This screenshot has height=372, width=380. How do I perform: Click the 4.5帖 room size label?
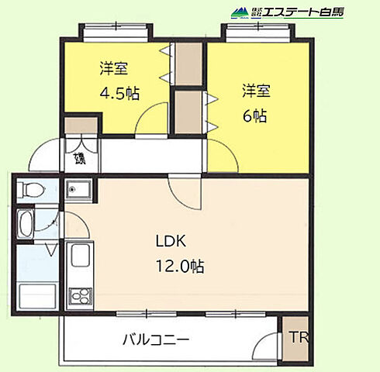[x=119, y=93]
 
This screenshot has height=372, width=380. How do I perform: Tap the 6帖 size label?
[x=255, y=116]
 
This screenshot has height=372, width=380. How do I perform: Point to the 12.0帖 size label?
[x=179, y=267]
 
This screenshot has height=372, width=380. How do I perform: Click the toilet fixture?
[x=31, y=189]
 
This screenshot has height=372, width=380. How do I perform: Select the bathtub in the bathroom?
[x=24, y=224]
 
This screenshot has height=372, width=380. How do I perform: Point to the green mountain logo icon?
[x=238, y=12]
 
